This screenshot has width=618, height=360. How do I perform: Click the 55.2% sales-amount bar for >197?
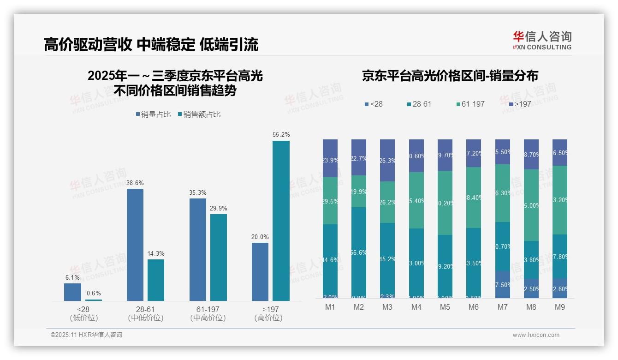[281, 221]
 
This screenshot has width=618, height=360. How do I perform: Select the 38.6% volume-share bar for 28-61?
[135, 245]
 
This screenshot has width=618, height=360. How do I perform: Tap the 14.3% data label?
[156, 253]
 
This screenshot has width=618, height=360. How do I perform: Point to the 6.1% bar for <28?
[72, 292]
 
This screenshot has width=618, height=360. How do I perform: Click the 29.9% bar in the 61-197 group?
[219, 257]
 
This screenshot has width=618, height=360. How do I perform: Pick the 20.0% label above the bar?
[260, 237]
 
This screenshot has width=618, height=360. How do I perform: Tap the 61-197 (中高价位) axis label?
[208, 313]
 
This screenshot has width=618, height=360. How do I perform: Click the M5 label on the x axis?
[445, 307]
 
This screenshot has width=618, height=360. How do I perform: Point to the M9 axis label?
[560, 307]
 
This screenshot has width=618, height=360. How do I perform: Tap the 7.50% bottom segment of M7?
[503, 284]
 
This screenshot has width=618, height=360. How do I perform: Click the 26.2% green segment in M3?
[387, 202]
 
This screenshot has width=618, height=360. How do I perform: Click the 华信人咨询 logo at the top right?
[542, 40]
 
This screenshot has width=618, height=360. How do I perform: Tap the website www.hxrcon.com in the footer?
[536, 335]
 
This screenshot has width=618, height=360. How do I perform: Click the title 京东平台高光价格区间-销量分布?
[450, 76]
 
